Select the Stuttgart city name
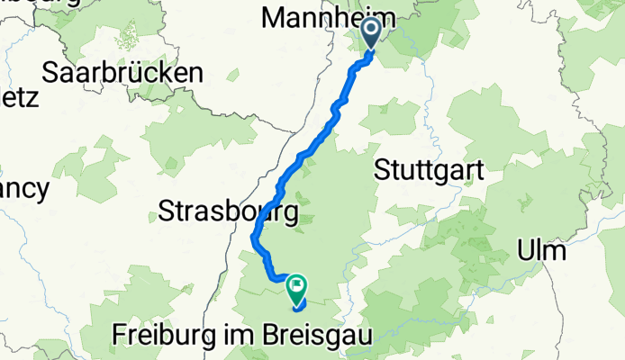pos(429,169)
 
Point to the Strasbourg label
pos(229,212)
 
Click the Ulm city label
pos(542,249)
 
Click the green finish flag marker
pos(296,287)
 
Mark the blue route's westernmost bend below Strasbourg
pos(251,238)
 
